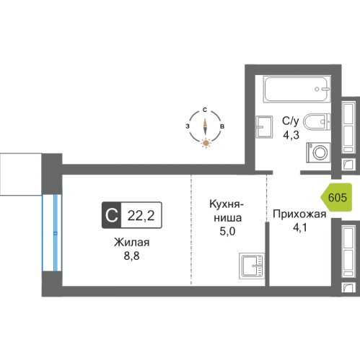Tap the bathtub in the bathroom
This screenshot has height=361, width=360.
297,90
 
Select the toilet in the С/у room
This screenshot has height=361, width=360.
317,122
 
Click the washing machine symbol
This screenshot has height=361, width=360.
318,152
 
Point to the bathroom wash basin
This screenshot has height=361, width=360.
264,127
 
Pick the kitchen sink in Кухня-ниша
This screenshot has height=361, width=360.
252,266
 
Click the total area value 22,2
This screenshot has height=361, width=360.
141,215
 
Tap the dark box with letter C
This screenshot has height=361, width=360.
112,215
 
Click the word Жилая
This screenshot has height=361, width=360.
131,243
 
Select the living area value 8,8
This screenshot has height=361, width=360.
131,256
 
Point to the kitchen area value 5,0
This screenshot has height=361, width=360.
227,231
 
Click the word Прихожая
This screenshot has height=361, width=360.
299,214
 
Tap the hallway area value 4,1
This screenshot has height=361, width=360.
300,227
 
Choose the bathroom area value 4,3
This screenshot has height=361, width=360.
291,135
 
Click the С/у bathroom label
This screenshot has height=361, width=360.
291,121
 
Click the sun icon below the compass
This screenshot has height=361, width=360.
206,143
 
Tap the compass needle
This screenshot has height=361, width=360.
205,126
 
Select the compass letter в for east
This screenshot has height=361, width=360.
222,126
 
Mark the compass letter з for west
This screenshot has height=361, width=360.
188,126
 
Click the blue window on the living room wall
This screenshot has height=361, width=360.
52,233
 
